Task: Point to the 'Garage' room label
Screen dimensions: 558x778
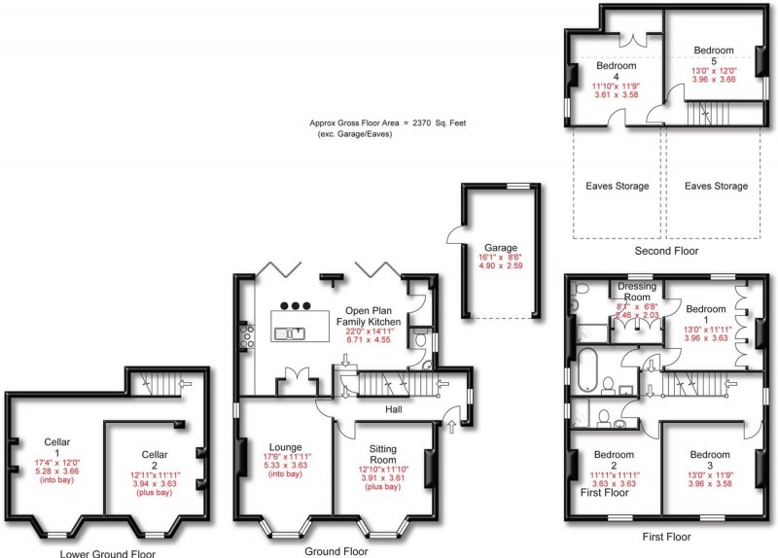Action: (502, 248)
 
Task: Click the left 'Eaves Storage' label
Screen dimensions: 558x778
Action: (618, 186)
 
